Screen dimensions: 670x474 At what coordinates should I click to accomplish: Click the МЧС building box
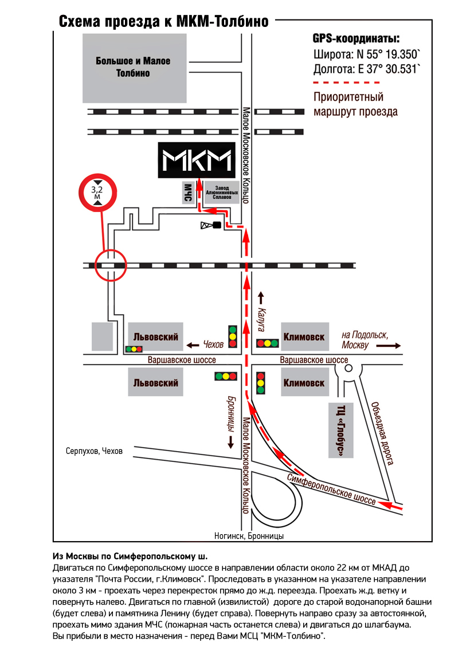(187, 193)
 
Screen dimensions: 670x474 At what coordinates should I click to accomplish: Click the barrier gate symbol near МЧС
(210, 225)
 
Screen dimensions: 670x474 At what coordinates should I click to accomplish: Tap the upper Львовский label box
(155, 337)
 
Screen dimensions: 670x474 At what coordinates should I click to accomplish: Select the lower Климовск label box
(304, 383)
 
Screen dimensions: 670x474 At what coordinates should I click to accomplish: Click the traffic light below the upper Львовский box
(134, 349)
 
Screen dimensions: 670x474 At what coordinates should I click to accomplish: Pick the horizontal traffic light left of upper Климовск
(267, 343)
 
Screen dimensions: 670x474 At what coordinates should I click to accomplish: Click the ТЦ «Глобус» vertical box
(341, 430)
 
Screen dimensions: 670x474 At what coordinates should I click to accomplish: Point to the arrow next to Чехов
(193, 345)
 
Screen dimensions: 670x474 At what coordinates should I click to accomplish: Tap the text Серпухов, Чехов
(94, 451)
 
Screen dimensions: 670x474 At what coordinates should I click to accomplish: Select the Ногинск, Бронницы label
(249, 536)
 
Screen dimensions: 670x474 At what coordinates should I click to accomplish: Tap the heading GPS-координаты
(356, 40)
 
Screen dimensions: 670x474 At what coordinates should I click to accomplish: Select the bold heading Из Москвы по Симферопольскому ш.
(130, 557)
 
